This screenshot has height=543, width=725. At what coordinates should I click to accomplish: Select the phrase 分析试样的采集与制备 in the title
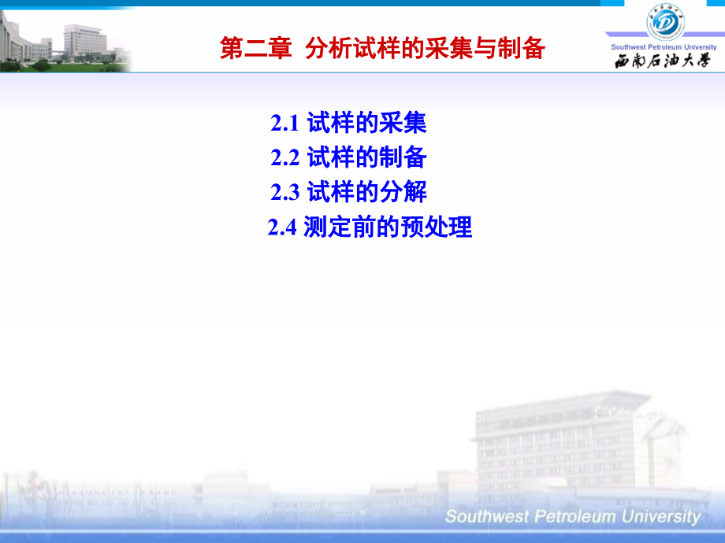tap(425, 49)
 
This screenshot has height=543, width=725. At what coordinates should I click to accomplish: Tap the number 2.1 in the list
tap(285, 124)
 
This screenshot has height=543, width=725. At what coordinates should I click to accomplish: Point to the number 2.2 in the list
tap(285, 158)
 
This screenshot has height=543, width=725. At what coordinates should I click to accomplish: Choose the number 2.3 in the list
tap(285, 193)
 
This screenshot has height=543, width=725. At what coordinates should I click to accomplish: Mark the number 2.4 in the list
tap(281, 228)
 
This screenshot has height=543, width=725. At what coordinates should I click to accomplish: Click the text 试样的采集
tap(366, 124)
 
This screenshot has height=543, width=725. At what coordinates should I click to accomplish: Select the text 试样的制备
tap(366, 158)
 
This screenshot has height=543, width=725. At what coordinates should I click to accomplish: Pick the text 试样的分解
tap(366, 193)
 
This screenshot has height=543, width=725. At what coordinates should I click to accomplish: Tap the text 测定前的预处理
tap(388, 228)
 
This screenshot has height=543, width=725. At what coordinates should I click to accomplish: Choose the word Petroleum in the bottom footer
tap(571, 517)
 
